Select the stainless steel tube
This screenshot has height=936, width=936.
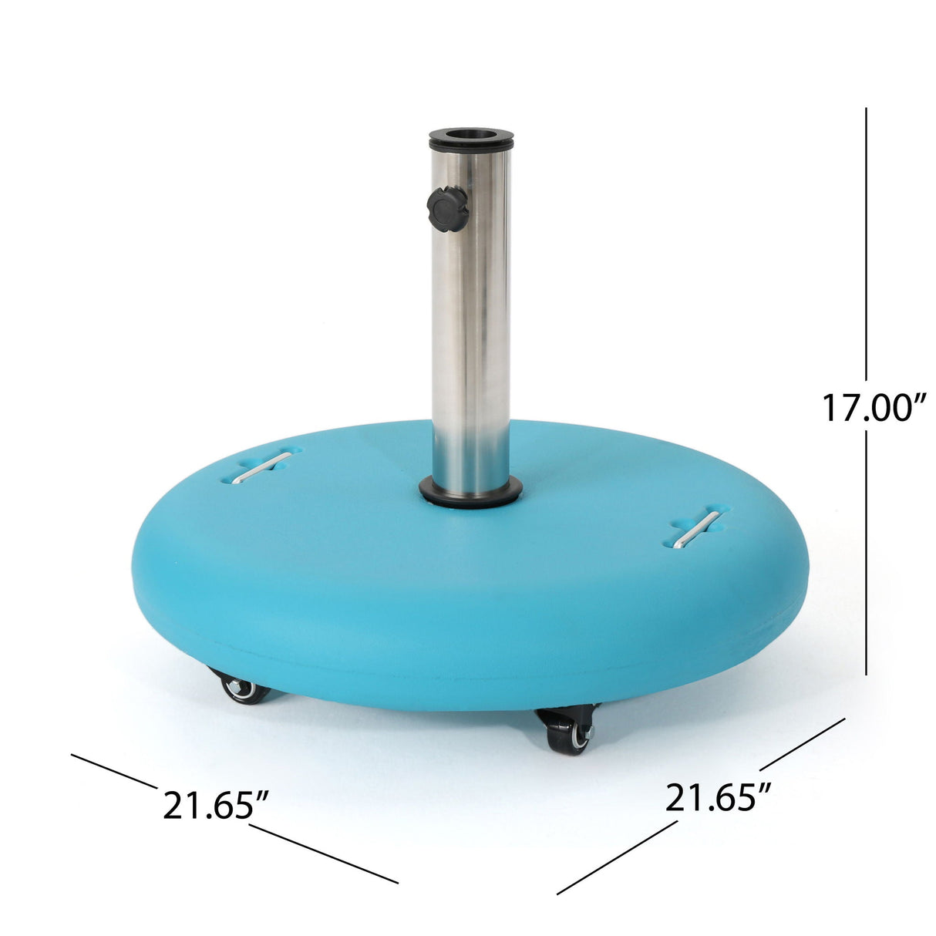471,324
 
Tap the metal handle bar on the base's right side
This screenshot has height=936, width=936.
697,529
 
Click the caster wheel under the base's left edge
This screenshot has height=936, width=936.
244,689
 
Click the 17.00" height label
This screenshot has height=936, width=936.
873,407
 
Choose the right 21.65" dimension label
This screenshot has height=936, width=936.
719,797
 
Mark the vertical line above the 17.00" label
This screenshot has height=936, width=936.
867,247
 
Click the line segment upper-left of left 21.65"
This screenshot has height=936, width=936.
114,771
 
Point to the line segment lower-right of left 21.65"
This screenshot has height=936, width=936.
324,854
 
